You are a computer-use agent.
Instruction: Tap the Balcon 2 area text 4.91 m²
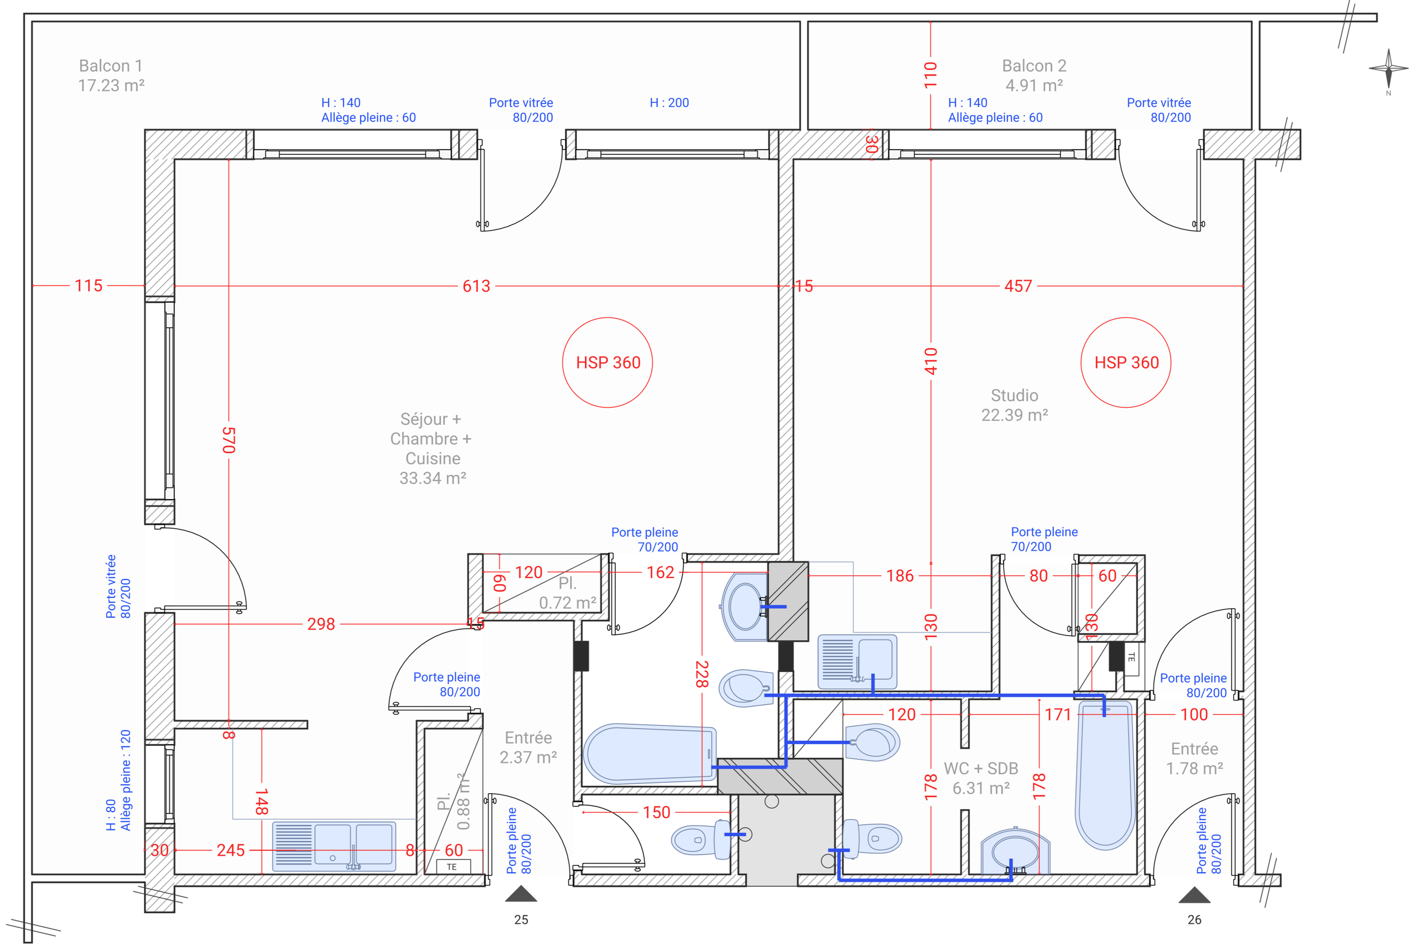(1034, 86)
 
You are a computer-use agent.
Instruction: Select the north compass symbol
(1389, 69)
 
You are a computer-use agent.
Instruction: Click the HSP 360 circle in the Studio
(1126, 363)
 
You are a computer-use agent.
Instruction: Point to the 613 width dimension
(476, 286)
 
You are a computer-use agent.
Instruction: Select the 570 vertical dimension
(229, 440)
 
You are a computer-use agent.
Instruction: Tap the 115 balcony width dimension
(89, 286)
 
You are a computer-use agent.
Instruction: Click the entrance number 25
(521, 920)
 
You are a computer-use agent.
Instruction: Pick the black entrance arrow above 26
(1194, 895)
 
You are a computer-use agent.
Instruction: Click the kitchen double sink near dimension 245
(334, 846)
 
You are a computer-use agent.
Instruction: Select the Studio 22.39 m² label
(1014, 405)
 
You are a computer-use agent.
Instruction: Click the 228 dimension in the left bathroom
(702, 674)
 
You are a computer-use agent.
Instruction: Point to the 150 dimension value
(656, 812)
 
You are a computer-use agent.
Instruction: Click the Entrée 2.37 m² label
(528, 748)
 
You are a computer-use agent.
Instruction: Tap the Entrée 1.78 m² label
(1194, 758)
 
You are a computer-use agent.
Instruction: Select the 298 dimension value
(321, 624)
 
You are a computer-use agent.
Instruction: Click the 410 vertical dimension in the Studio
(930, 361)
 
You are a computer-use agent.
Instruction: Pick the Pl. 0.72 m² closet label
(568, 593)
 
